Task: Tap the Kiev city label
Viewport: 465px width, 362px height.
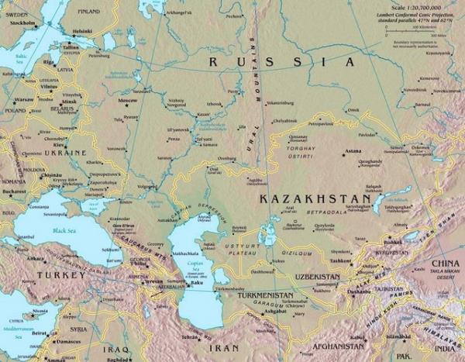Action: point(59,145)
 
